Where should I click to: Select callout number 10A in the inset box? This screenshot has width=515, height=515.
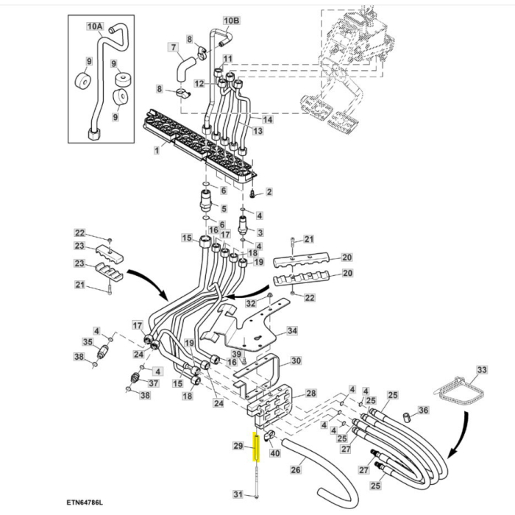click(x=96, y=26)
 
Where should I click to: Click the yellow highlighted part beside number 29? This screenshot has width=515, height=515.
click(x=257, y=447)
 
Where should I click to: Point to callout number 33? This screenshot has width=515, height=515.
click(x=482, y=369)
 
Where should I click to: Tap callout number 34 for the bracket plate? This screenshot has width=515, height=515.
click(x=292, y=331)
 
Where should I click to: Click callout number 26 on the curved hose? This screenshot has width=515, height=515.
click(x=296, y=470)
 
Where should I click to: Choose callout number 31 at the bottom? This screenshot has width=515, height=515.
click(x=238, y=493)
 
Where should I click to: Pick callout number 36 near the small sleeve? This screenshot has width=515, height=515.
click(x=423, y=411)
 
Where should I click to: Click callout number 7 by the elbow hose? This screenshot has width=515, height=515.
click(x=174, y=49)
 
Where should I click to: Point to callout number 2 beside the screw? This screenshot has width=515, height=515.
click(x=269, y=192)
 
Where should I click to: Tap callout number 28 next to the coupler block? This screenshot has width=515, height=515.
click(x=310, y=394)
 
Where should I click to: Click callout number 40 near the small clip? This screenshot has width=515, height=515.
click(x=275, y=452)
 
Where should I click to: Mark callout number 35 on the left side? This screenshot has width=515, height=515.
click(x=87, y=342)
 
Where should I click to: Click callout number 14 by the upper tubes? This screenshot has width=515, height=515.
click(x=267, y=119)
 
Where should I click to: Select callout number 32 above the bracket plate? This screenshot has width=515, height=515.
click(x=250, y=302)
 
